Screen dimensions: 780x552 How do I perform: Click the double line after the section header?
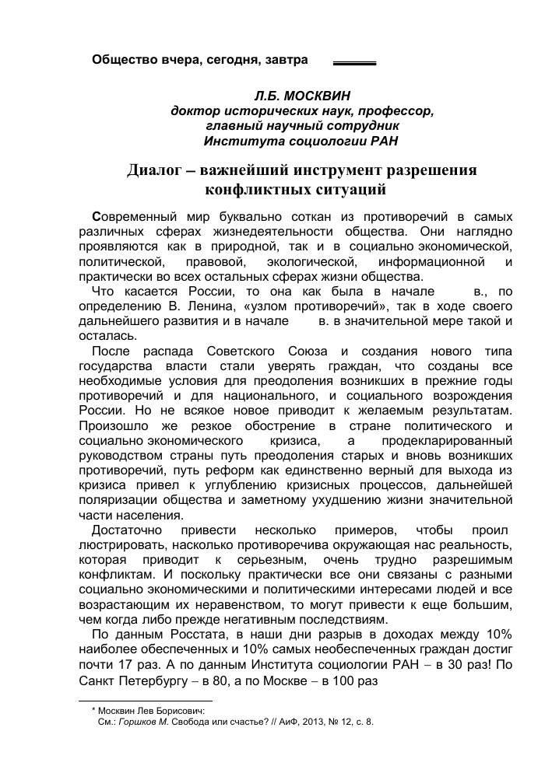tap(354, 61)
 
